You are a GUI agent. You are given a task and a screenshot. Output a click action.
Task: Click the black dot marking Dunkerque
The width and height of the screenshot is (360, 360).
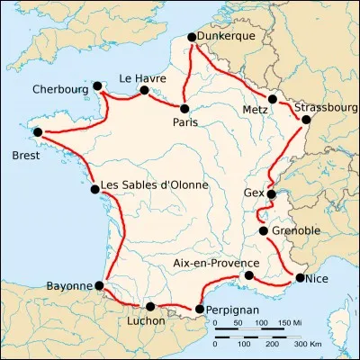coord(191,38)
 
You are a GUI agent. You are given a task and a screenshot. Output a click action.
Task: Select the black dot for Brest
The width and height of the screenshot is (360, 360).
coord(37,133)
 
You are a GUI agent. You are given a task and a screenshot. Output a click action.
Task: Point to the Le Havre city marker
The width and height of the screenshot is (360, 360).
coord(144,90)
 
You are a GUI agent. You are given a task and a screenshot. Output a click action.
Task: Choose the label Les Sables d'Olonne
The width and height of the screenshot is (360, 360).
coord(154,185)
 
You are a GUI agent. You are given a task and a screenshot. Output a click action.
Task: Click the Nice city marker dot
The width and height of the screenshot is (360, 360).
coord(300,278)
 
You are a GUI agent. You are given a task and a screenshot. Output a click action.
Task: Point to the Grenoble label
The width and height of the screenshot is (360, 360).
coord(294,230)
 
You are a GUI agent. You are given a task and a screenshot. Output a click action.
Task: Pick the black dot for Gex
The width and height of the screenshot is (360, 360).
coord(271,193)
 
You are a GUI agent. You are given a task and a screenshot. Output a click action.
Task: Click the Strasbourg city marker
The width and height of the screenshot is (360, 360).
coord(306,119)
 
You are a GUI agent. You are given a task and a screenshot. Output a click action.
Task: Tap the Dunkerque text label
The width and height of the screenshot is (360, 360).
coord(226,35)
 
